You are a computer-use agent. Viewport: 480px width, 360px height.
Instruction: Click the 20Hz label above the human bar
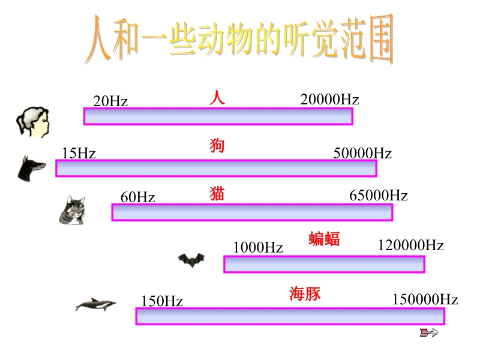click(110, 101)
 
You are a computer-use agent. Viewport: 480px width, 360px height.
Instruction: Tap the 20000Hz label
click(329, 100)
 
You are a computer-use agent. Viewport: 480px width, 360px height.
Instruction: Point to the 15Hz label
click(79, 153)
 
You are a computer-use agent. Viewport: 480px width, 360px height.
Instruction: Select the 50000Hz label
click(362, 153)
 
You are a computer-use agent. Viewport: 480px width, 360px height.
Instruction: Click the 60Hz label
click(138, 197)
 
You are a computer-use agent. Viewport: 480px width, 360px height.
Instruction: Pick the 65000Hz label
click(379, 196)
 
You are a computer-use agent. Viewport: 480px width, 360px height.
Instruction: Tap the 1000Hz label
click(258, 247)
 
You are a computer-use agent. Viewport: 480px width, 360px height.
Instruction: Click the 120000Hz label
click(411, 245)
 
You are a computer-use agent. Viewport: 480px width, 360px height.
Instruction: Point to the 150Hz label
click(162, 301)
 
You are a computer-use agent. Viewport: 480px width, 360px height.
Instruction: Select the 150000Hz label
click(425, 299)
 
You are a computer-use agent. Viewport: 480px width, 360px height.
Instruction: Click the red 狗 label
click(217, 146)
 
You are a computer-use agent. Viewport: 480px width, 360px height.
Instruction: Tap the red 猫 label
click(217, 194)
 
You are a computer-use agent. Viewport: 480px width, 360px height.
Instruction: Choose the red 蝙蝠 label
click(324, 239)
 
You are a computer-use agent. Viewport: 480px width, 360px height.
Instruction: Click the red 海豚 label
click(305, 294)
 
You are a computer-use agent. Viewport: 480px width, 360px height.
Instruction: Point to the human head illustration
click(33, 122)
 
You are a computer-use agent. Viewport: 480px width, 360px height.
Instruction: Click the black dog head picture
click(31, 169)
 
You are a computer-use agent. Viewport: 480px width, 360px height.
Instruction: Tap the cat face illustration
click(73, 211)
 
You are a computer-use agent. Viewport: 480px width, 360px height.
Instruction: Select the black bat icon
click(191, 260)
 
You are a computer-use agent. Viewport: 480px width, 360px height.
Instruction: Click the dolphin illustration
click(95, 304)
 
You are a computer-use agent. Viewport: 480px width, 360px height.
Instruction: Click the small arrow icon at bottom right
click(429, 332)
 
